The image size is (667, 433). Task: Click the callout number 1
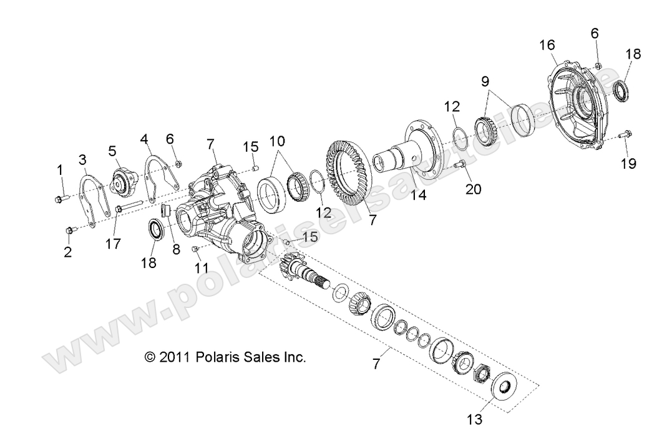point(61,170)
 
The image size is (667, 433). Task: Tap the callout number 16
point(547,45)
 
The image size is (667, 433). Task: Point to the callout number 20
point(473,188)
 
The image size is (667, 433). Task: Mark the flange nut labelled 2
point(69,231)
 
